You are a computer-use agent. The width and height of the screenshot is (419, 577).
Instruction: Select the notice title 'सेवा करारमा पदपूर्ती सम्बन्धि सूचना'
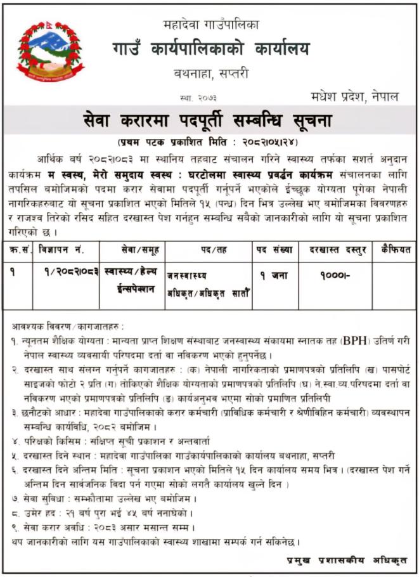(x=209, y=119)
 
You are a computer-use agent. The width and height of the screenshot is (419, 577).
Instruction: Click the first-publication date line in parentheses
(x=210, y=141)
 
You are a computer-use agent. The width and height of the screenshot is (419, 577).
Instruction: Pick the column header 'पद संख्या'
(x=274, y=250)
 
